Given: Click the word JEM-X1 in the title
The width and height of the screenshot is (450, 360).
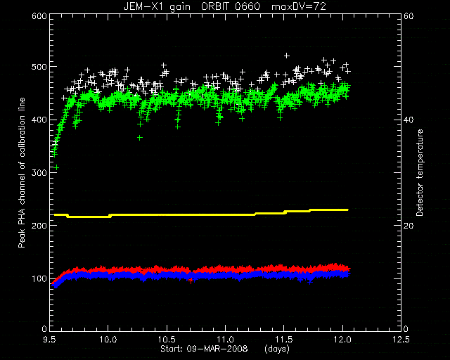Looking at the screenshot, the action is (x=143, y=6).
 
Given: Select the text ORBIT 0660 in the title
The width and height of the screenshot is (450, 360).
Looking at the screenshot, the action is (x=231, y=6).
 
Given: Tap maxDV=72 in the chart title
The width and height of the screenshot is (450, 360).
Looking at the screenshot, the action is (x=299, y=6).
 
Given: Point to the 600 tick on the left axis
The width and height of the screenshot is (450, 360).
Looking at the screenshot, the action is (x=39, y=16).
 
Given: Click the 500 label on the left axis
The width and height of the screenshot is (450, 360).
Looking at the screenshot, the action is (x=39, y=67).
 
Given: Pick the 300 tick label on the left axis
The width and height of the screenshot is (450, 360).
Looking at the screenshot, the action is (x=39, y=172).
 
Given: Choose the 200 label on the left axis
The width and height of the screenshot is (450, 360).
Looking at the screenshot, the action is (x=39, y=226).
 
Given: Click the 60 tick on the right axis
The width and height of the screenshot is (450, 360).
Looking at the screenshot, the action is (x=409, y=16).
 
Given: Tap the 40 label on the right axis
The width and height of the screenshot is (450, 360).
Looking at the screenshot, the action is (x=409, y=120).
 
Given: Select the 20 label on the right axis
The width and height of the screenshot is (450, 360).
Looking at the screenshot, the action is (x=409, y=226).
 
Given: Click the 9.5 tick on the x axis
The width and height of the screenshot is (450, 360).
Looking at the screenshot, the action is (x=50, y=340).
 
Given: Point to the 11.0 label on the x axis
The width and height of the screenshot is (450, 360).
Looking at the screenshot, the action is (x=225, y=340).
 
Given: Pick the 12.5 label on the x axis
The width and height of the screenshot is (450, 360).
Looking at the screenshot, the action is (x=401, y=340).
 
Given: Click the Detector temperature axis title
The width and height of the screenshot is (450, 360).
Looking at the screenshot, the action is (x=420, y=173).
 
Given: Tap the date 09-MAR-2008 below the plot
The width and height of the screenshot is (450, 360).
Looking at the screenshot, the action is (x=217, y=349).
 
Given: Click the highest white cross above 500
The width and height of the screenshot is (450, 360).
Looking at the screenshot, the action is (x=286, y=56).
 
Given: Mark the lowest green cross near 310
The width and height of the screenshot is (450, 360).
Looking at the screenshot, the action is (x=57, y=167).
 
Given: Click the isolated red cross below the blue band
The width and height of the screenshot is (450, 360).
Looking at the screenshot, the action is (x=191, y=281).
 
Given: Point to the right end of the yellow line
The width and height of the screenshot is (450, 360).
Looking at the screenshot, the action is (x=348, y=210).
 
